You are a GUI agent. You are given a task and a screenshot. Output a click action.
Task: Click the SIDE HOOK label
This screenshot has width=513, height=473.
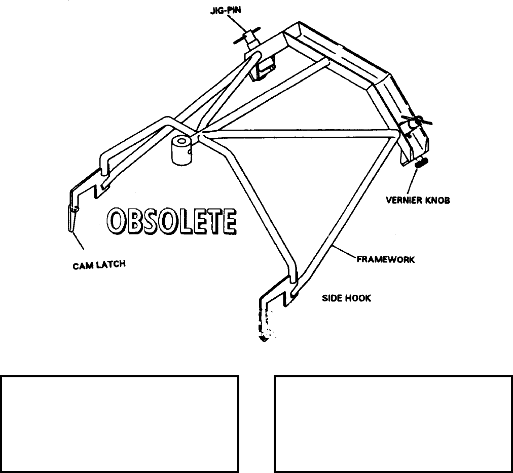coord(346,298)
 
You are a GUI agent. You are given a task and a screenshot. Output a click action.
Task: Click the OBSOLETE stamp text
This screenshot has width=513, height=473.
coord(171,221)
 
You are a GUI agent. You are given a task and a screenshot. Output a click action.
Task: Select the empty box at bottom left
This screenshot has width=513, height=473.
coord(120,423)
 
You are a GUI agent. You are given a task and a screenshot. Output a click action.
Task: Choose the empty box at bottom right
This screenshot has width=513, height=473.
coord(393,423)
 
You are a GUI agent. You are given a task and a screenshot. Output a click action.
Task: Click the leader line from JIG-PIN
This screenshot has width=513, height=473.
coord(236,22)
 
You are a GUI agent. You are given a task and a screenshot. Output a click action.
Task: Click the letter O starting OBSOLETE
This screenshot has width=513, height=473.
coord(115,221)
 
